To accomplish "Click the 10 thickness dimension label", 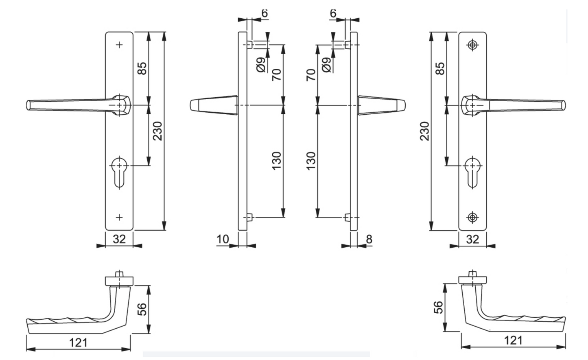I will (223, 239).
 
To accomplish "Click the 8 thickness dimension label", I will (369, 239).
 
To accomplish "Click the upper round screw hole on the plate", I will (472, 45).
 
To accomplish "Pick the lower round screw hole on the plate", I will (472, 217).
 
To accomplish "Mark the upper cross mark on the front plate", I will (119, 45).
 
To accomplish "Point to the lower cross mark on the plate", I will (119, 217).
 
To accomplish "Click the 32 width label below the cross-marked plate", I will (119, 239).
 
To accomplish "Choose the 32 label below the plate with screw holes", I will (472, 239).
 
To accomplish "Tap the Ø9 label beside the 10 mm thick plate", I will (261, 64).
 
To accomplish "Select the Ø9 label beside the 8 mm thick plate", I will (326, 64).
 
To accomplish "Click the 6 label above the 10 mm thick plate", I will (264, 13).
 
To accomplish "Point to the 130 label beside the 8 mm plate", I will (311, 161).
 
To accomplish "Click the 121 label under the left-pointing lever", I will (79, 342).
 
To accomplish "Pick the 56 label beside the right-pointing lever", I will (438, 307).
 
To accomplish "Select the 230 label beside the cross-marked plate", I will (157, 131).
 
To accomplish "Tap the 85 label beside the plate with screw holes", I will (440, 68).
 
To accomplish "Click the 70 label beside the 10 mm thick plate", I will (277, 74).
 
